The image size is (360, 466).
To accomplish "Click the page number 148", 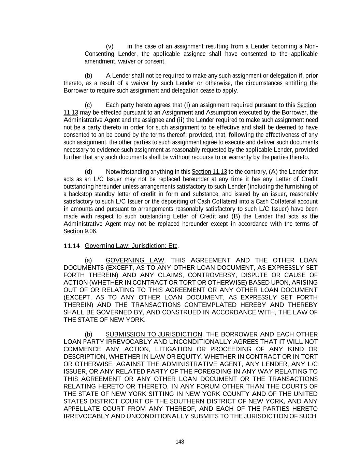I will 180,442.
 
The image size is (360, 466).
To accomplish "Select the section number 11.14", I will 72,246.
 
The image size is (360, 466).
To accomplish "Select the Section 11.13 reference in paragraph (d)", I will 210,172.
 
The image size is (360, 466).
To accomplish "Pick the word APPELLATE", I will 82,409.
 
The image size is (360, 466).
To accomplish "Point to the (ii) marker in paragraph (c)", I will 181,120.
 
